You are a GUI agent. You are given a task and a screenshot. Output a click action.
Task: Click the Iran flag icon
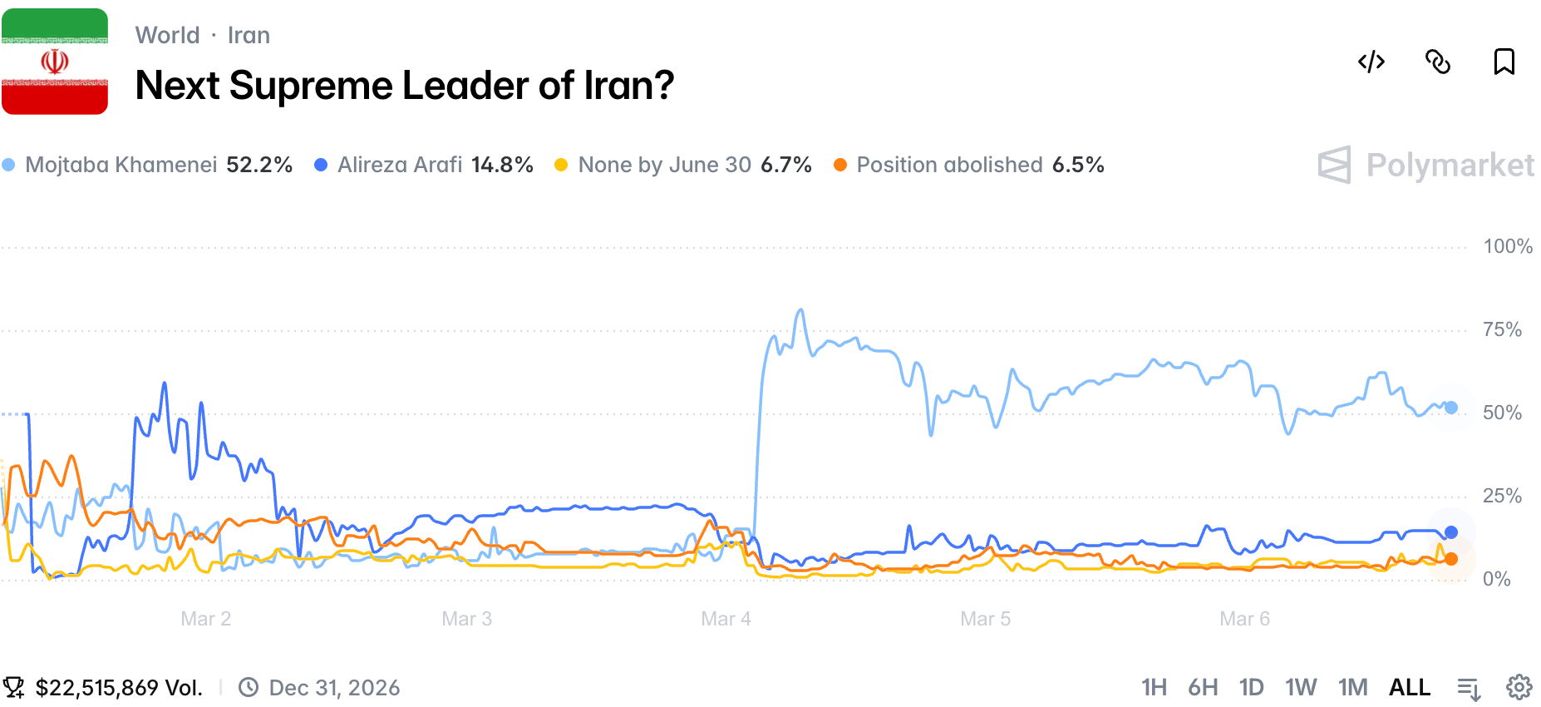[x=55, y=62]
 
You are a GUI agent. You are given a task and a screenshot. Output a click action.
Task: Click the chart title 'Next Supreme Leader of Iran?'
[x=404, y=86]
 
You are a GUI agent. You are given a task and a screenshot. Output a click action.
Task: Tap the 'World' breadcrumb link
[x=167, y=35]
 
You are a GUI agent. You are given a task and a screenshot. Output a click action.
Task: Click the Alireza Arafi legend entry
[x=424, y=165]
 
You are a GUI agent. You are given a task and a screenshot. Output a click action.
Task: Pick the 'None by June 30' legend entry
[x=682, y=165]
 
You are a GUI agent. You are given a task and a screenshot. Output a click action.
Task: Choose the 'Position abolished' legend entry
[x=969, y=165]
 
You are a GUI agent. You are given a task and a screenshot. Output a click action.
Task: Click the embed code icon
[x=1371, y=62]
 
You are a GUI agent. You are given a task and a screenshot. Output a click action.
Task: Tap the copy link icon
[x=1438, y=62]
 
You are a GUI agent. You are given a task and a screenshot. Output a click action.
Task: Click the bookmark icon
[x=1504, y=62]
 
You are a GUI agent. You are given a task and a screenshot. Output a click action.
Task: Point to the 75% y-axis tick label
[x=1502, y=329]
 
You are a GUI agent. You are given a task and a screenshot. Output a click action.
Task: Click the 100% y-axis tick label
[x=1507, y=246]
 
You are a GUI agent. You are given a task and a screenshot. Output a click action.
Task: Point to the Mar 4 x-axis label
[x=726, y=619]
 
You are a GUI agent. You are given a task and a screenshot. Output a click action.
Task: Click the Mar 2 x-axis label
[x=205, y=619]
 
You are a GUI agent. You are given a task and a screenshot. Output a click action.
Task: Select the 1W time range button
[x=1301, y=687]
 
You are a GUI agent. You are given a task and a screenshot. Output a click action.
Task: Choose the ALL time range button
[x=1410, y=687]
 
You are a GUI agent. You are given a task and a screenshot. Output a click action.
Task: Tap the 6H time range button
[x=1203, y=687]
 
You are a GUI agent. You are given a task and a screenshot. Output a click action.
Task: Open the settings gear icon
[x=1519, y=687]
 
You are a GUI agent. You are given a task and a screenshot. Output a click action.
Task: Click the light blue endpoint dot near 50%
[x=1451, y=408]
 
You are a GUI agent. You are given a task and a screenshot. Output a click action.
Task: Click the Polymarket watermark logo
[x=1426, y=165]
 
